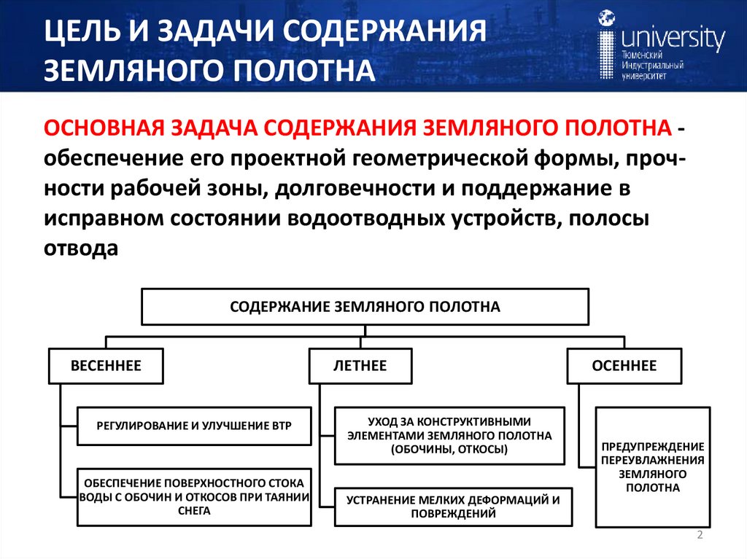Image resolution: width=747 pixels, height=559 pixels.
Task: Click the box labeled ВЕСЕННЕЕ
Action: (x=106, y=365)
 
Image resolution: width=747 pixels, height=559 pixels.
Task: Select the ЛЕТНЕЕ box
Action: (x=360, y=365)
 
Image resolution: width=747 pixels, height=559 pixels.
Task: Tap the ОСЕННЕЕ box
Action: (x=624, y=365)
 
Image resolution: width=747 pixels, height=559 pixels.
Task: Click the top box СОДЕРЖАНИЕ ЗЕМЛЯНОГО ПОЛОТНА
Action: (x=365, y=307)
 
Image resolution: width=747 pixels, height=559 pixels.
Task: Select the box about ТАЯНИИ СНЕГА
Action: (x=194, y=497)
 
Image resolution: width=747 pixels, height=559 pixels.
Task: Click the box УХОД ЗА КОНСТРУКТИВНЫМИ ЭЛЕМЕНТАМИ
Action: (x=449, y=436)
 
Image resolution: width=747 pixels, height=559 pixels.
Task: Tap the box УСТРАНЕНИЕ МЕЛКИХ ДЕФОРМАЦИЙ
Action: (x=453, y=507)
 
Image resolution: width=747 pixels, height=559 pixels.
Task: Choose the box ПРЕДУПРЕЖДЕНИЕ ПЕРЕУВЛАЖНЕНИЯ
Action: (x=653, y=466)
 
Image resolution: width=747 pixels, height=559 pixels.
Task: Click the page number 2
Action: (x=700, y=536)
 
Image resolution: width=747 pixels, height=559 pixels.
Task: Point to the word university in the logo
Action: (x=672, y=38)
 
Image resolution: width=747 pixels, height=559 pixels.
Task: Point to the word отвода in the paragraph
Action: (x=81, y=249)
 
